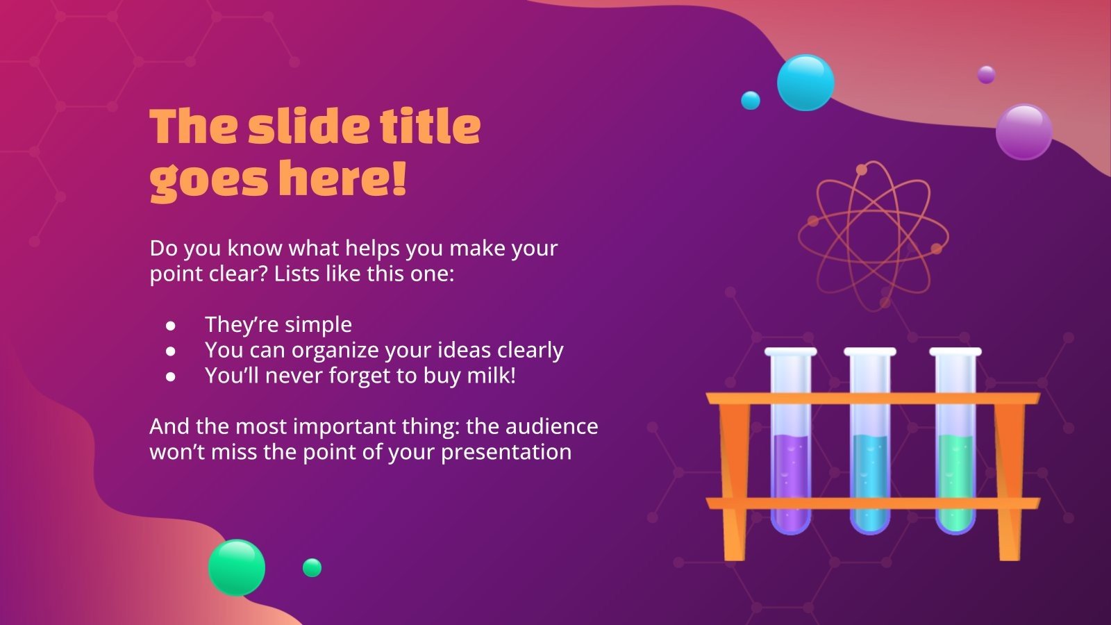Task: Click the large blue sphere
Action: pos(805,83)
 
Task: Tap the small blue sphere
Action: pos(751,100)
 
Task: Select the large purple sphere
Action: pos(1024,132)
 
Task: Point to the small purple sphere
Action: pos(986,75)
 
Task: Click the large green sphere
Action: pos(237,567)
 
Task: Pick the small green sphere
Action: pos(312,567)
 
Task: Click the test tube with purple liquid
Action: pos(791,441)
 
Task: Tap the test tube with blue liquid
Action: pos(870,441)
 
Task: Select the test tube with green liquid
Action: pos(955,441)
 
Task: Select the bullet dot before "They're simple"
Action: pos(171,326)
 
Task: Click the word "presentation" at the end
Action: pos(506,453)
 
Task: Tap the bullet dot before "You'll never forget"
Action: pos(171,377)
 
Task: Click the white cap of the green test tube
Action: pos(955,351)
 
